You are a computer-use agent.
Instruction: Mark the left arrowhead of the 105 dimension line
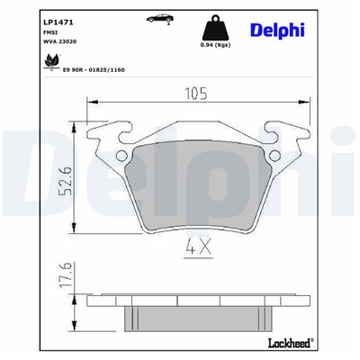pyautogui.click(x=92, y=104)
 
